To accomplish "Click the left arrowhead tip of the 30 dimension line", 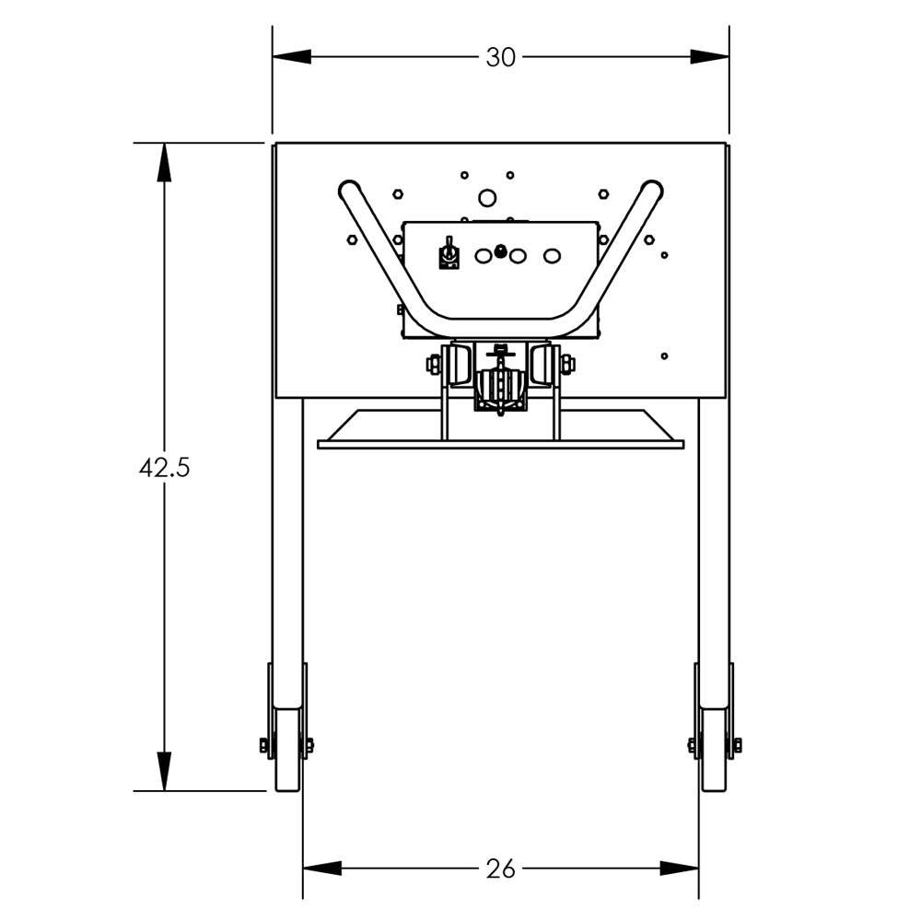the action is click(274, 57).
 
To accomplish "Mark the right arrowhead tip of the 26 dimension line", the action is click(698, 869).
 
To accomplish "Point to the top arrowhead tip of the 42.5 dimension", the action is click(164, 144).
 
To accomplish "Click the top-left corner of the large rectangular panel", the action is click(276, 143).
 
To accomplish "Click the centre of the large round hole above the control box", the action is click(487, 198).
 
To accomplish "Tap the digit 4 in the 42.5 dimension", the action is click(146, 468).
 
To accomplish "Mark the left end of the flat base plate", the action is click(318, 445).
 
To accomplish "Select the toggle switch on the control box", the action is click(449, 254).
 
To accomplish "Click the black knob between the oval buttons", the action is click(500, 251).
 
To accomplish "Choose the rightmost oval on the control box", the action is click(552, 256).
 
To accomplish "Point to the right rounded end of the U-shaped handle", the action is click(652, 190).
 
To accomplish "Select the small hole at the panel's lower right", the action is click(664, 356).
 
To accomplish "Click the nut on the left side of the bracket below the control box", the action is click(433, 364).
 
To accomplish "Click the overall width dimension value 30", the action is click(500, 57).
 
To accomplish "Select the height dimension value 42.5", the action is click(165, 468).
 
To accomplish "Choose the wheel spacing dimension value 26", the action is click(500, 869).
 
